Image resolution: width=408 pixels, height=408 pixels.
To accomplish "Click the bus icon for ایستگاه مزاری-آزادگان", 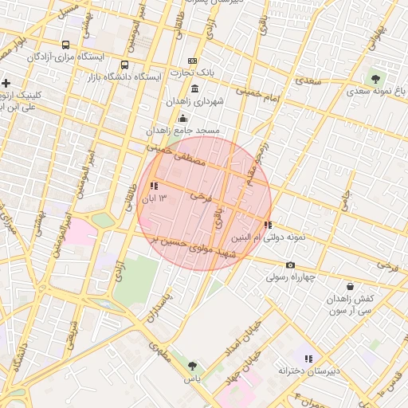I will [x=65, y=45].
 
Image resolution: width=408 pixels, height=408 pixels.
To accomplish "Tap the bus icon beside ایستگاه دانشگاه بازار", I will [x=124, y=65].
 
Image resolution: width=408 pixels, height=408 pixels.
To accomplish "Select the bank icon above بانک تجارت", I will [x=192, y=61].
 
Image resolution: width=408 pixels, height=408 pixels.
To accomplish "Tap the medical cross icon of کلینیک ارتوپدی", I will [x=6, y=83].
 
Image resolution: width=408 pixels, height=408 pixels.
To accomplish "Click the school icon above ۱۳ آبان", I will [x=153, y=186].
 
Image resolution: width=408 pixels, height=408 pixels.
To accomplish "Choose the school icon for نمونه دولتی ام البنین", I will [x=267, y=226].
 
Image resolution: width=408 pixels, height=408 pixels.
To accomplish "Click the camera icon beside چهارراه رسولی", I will [x=290, y=265].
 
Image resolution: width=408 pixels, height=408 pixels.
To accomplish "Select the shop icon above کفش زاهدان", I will [x=350, y=286].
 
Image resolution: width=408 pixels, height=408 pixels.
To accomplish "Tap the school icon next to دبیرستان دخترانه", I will [x=308, y=359].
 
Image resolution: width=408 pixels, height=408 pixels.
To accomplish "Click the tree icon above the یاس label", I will [x=192, y=366].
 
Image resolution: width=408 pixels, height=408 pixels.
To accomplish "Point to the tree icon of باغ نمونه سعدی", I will [x=375, y=79].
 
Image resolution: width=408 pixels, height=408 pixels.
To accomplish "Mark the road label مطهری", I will [x=160, y=351].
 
